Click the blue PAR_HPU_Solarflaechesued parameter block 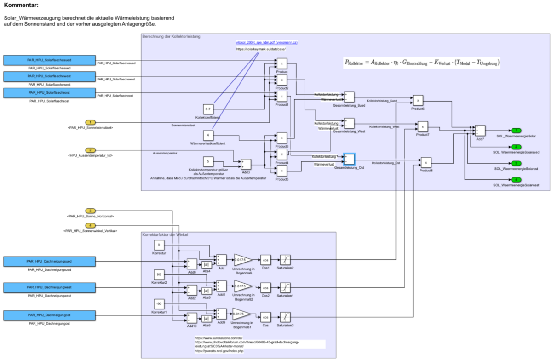49,60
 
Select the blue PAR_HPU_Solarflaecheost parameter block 49,93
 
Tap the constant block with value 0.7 208,109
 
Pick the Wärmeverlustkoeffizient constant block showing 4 208,135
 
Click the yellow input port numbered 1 91,122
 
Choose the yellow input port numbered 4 91,225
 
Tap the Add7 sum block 480,131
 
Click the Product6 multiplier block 417,100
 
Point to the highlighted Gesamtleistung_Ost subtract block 349,159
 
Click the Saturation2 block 285,260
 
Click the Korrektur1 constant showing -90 159,304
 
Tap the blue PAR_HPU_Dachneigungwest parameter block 49,288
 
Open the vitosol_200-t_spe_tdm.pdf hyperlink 267,42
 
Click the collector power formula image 422,62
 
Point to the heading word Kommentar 21,6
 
